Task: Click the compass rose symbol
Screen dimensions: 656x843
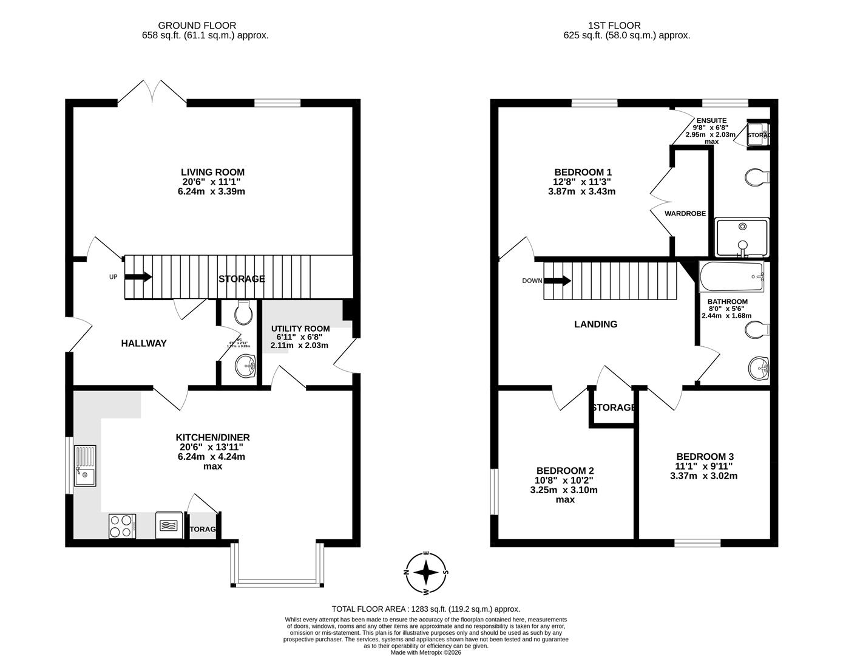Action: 427,572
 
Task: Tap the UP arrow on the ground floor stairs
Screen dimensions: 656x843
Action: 138,278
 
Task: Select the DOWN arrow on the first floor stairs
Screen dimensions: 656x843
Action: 558,281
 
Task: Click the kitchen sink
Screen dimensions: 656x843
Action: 85,466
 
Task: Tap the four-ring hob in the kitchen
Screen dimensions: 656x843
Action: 122,526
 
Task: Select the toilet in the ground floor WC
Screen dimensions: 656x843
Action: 244,312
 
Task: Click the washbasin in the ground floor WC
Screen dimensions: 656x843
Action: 246,366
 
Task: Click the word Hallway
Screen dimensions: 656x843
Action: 143,343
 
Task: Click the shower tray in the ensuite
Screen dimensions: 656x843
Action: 742,237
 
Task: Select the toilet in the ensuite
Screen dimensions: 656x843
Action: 756,177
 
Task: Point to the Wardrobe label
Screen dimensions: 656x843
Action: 685,214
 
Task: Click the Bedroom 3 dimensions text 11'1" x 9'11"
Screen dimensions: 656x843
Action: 705,466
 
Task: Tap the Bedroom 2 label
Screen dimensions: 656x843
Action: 564,471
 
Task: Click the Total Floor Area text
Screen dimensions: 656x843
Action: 425,609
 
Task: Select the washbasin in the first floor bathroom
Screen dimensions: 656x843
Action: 759,367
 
